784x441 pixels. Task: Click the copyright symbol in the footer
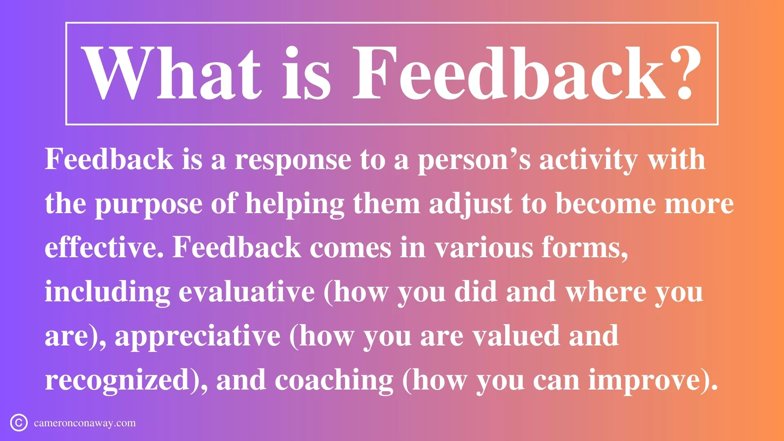[19, 423]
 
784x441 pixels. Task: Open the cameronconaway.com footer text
[85, 423]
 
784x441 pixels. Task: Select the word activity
[588, 160]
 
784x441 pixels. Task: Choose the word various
[483, 248]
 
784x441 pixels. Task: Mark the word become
[606, 204]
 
